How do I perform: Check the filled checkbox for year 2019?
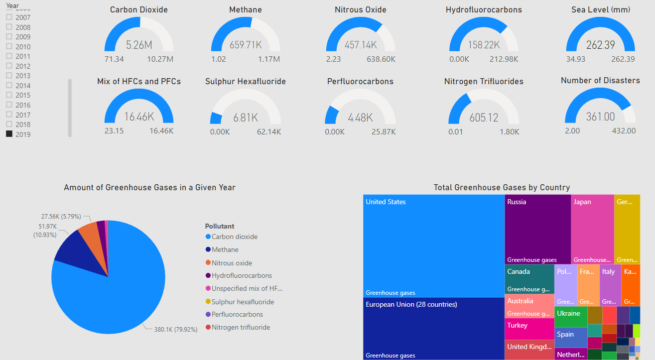click(x=9, y=134)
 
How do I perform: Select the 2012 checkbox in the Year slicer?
click(x=9, y=66)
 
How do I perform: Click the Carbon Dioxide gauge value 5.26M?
click(x=139, y=45)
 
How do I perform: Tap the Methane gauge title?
click(x=245, y=10)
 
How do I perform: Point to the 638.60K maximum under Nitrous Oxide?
click(x=381, y=59)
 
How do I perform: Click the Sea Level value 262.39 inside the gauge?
click(x=601, y=45)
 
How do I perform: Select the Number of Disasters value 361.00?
click(x=600, y=117)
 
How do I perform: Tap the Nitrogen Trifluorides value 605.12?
click(x=484, y=118)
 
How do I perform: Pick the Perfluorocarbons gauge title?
click(x=360, y=82)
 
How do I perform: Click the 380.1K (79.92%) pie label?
click(x=176, y=329)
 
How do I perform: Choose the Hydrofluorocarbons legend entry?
click(x=242, y=275)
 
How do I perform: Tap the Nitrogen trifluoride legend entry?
click(x=241, y=327)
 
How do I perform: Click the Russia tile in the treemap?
click(x=537, y=229)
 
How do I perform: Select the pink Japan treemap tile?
click(x=592, y=229)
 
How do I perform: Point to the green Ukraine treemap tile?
click(x=571, y=317)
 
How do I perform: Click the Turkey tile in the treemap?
click(x=529, y=329)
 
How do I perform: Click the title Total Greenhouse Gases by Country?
click(x=502, y=188)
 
